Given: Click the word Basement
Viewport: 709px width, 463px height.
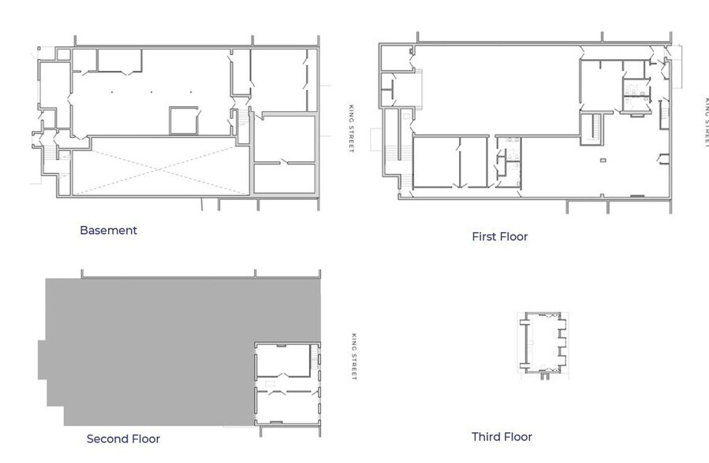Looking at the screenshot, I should click(108, 231).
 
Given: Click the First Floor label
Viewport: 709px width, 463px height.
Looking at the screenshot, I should click(499, 236).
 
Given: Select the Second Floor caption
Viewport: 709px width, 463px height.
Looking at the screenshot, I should click(123, 439).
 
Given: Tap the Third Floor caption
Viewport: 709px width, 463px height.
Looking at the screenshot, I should click(502, 437).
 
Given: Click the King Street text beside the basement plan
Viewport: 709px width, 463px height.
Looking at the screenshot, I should click(351, 130).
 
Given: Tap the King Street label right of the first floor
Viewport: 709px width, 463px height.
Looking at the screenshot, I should click(707, 122).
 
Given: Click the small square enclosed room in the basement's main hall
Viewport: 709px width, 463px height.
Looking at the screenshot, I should click(185, 120).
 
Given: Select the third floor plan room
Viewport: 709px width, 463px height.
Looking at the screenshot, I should click(544, 343).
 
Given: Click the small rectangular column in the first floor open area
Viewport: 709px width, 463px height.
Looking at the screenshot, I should click(603, 161).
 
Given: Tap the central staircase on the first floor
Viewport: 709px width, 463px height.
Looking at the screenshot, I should click(595, 128).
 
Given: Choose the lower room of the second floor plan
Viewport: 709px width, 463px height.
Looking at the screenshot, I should click(288, 406).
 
